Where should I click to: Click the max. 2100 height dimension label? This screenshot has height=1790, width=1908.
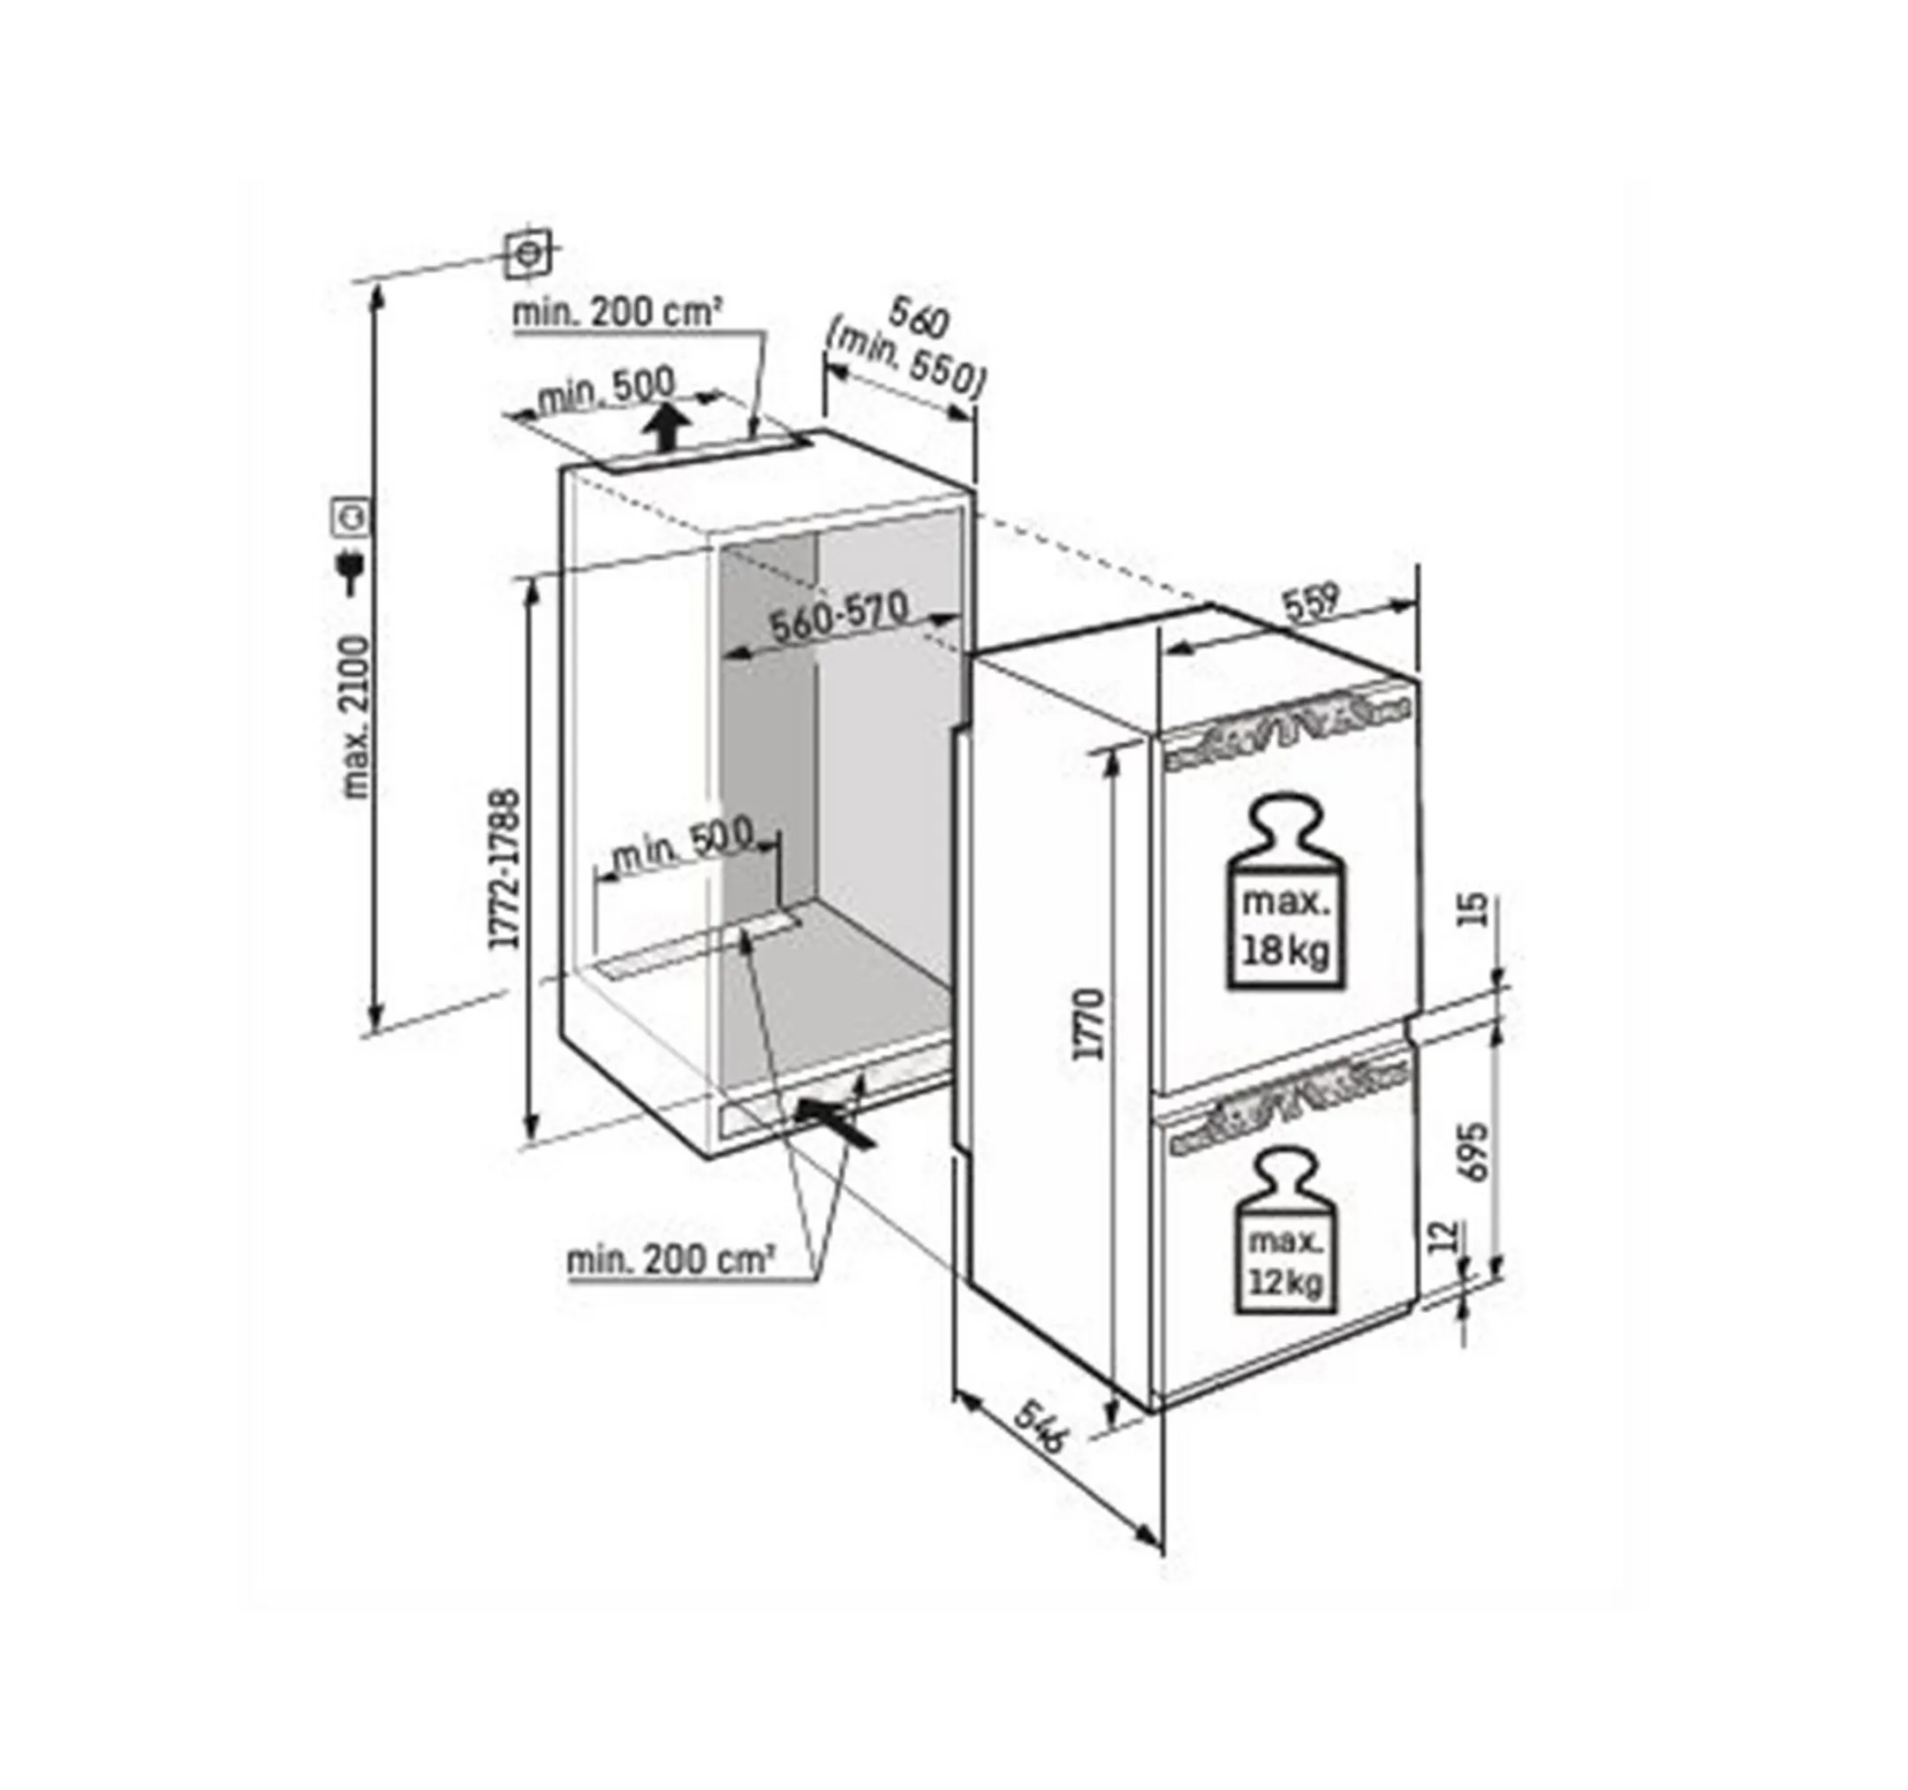[356, 716]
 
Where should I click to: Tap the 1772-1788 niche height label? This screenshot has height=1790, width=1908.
[505, 868]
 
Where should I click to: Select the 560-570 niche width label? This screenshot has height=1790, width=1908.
[840, 618]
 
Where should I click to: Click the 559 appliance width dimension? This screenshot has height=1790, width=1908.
[1311, 603]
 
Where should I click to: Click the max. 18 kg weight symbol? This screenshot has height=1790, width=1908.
[1286, 891]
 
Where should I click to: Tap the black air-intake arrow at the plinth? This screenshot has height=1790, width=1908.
[839, 1123]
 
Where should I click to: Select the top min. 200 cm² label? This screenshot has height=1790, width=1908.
[617, 313]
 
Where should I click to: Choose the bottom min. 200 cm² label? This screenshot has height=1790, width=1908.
[670, 1260]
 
